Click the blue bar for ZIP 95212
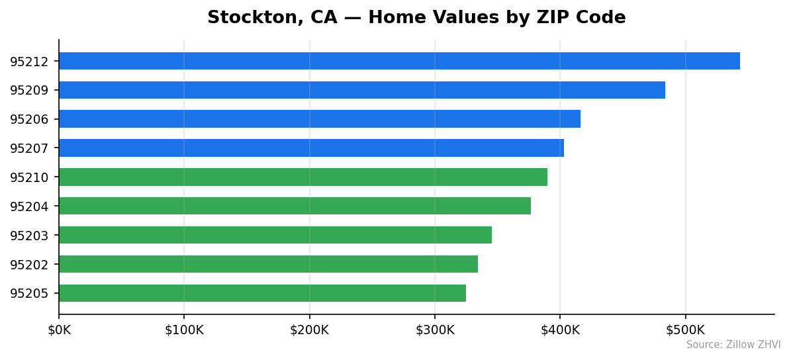coord(399,61)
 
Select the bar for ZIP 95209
coord(361,90)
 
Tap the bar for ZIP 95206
coord(319,119)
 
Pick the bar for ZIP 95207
coord(311,148)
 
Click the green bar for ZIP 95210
coord(302,177)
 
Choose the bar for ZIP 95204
coord(295,206)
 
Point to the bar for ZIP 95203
coord(275,235)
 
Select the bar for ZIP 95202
coord(268,264)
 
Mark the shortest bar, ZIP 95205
coord(262,293)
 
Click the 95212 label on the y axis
coord(29,62)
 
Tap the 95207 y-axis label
coord(29,149)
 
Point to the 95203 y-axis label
coord(29,236)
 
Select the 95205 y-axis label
coord(29,294)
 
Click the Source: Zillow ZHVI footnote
coord(733,345)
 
